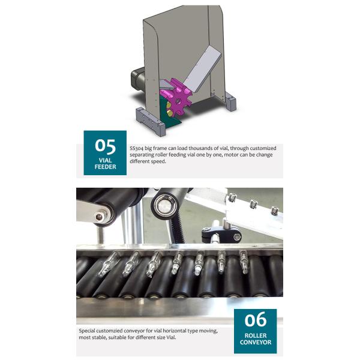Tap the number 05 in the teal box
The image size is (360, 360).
tap(106, 146)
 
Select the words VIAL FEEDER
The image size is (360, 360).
tap(106, 163)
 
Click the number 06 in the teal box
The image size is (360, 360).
tap(256, 319)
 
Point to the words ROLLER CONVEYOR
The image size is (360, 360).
tap(256, 339)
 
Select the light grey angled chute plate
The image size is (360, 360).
tap(202, 68)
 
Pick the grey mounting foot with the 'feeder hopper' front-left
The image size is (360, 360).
tap(151, 122)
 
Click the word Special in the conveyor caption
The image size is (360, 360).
tap(87, 331)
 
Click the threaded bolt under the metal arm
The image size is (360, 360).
tap(100, 235)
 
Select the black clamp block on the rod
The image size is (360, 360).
tap(221, 235)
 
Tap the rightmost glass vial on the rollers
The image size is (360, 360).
tap(244, 262)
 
